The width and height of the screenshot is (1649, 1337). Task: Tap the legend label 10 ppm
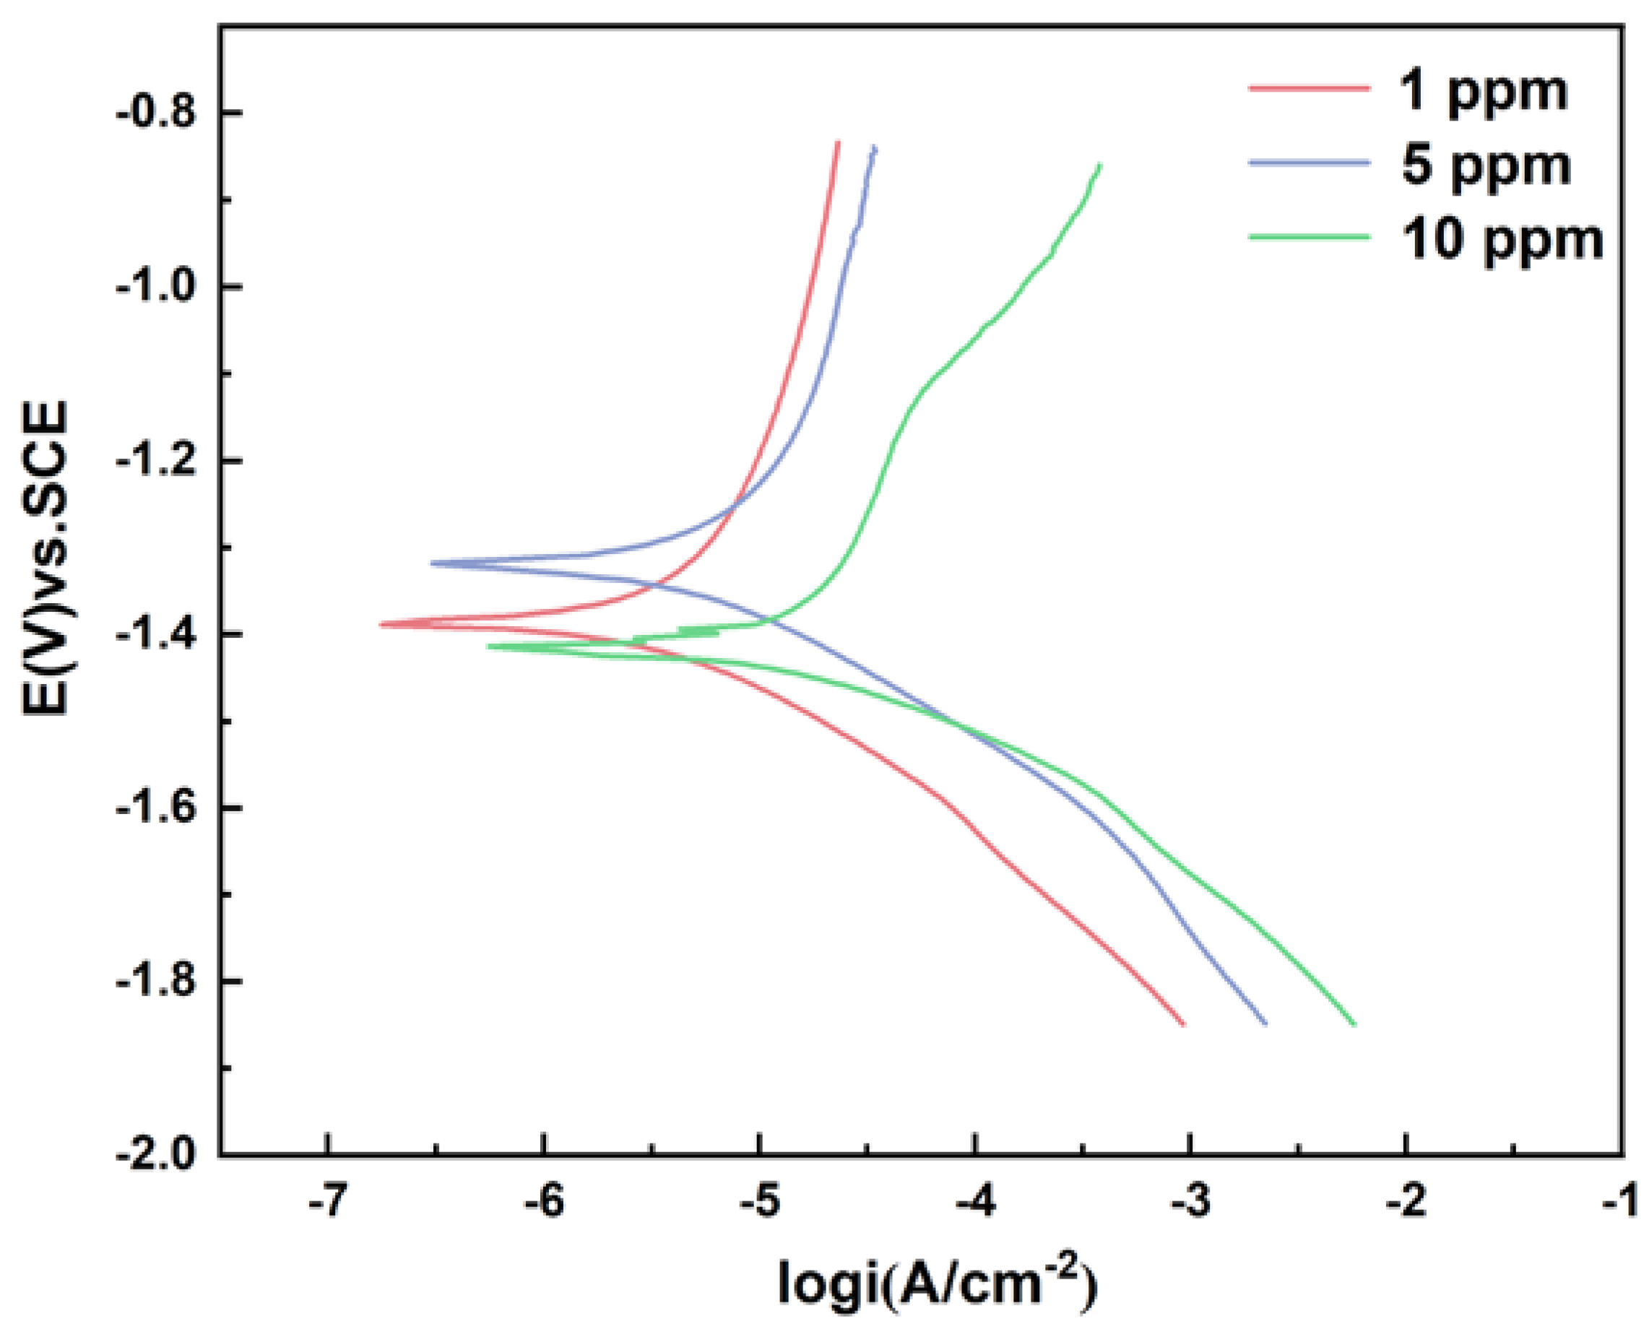click(1502, 241)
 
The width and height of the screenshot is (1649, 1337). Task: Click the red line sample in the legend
click(1310, 88)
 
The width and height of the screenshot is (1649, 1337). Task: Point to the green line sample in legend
click(1310, 235)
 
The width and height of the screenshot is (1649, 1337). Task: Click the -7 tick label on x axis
click(327, 1203)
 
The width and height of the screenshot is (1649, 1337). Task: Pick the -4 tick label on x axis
click(974, 1203)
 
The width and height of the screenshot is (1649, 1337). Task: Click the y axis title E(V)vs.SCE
click(46, 558)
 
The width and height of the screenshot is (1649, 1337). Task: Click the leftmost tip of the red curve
click(381, 625)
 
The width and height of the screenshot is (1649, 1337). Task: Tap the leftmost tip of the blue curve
click(432, 563)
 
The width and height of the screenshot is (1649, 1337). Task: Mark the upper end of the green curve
click(1100, 165)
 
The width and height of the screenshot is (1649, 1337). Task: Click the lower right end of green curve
click(1354, 1024)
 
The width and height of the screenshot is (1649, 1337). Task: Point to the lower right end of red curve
click(1184, 1024)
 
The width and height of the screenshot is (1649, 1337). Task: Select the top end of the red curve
click(838, 142)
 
